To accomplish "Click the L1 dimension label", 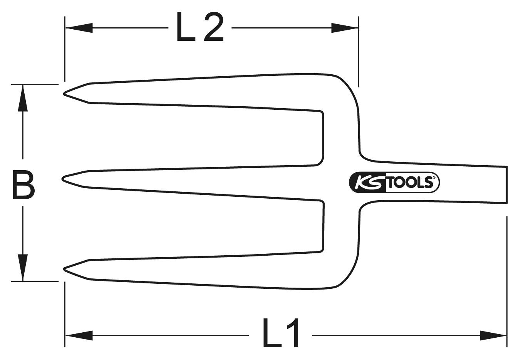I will [x=281, y=333].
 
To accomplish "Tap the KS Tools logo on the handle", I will [x=394, y=183].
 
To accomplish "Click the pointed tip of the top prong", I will [x=65, y=94].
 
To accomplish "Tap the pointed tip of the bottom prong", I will [x=65, y=269].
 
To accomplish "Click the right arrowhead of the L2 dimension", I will [x=345, y=28].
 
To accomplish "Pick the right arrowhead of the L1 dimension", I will [x=493, y=335].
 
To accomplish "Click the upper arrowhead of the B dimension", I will [x=23, y=98].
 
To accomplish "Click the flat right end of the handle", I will [x=506, y=185].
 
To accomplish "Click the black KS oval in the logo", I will [x=367, y=183].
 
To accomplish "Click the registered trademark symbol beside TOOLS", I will [x=434, y=178].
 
